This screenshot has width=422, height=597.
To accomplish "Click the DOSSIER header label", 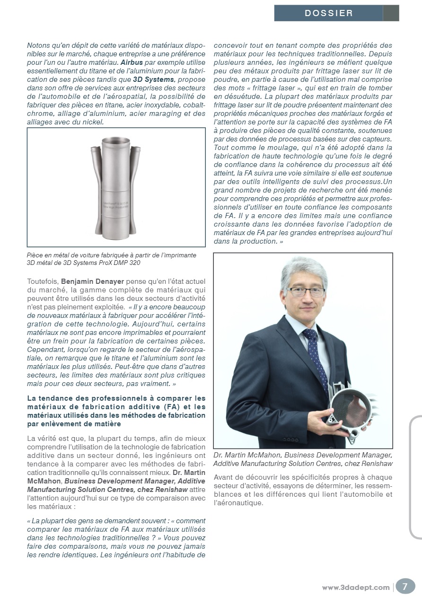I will click(328, 13).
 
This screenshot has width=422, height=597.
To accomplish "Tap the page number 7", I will click(405, 587).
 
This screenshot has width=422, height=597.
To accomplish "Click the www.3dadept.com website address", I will click(356, 588).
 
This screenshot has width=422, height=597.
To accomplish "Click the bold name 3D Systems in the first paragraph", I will click(153, 79).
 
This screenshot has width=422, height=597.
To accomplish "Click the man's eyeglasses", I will click(306, 291).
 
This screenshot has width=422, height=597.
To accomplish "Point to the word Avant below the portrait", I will click(224, 477).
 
